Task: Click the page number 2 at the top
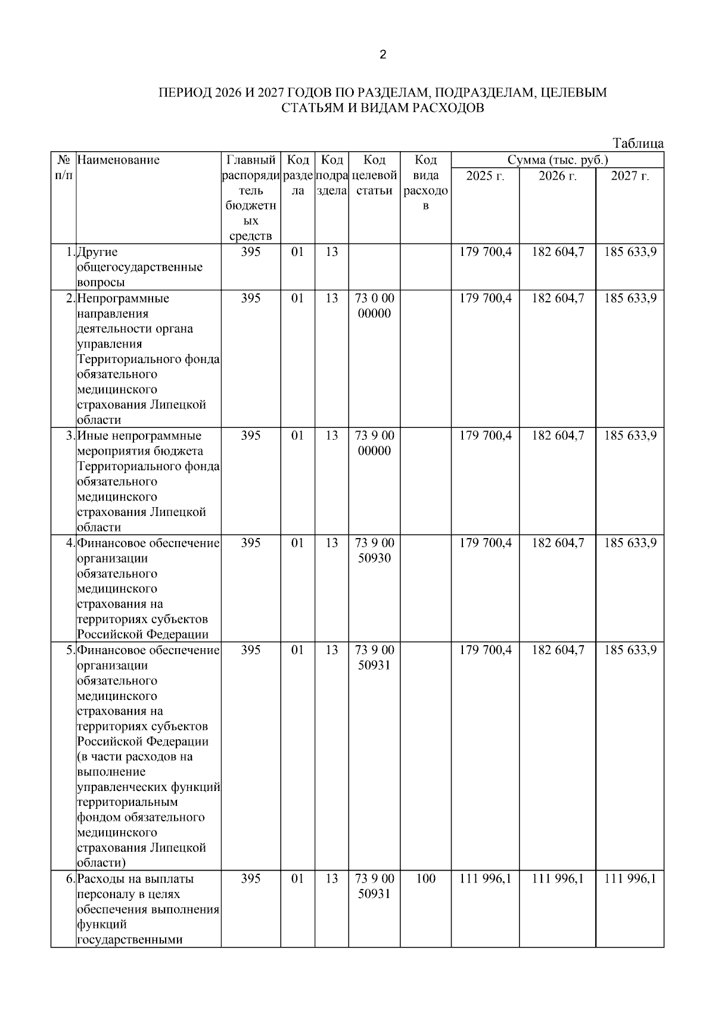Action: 383,55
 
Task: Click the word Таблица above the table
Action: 638,143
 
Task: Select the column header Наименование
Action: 119,160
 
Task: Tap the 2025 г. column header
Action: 485,176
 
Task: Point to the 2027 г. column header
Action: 630,176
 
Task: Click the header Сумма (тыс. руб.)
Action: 557,160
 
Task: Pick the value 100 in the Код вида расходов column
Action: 425,878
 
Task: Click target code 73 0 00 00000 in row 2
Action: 374,306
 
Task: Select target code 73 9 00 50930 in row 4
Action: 374,551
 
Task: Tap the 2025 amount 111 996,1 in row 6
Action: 485,878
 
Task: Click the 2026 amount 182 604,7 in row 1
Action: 558,252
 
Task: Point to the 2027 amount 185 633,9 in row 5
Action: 630,650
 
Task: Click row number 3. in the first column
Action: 70,436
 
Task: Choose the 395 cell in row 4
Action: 251,543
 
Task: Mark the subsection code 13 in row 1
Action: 331,252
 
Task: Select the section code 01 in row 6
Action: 297,878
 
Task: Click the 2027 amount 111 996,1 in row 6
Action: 630,878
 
